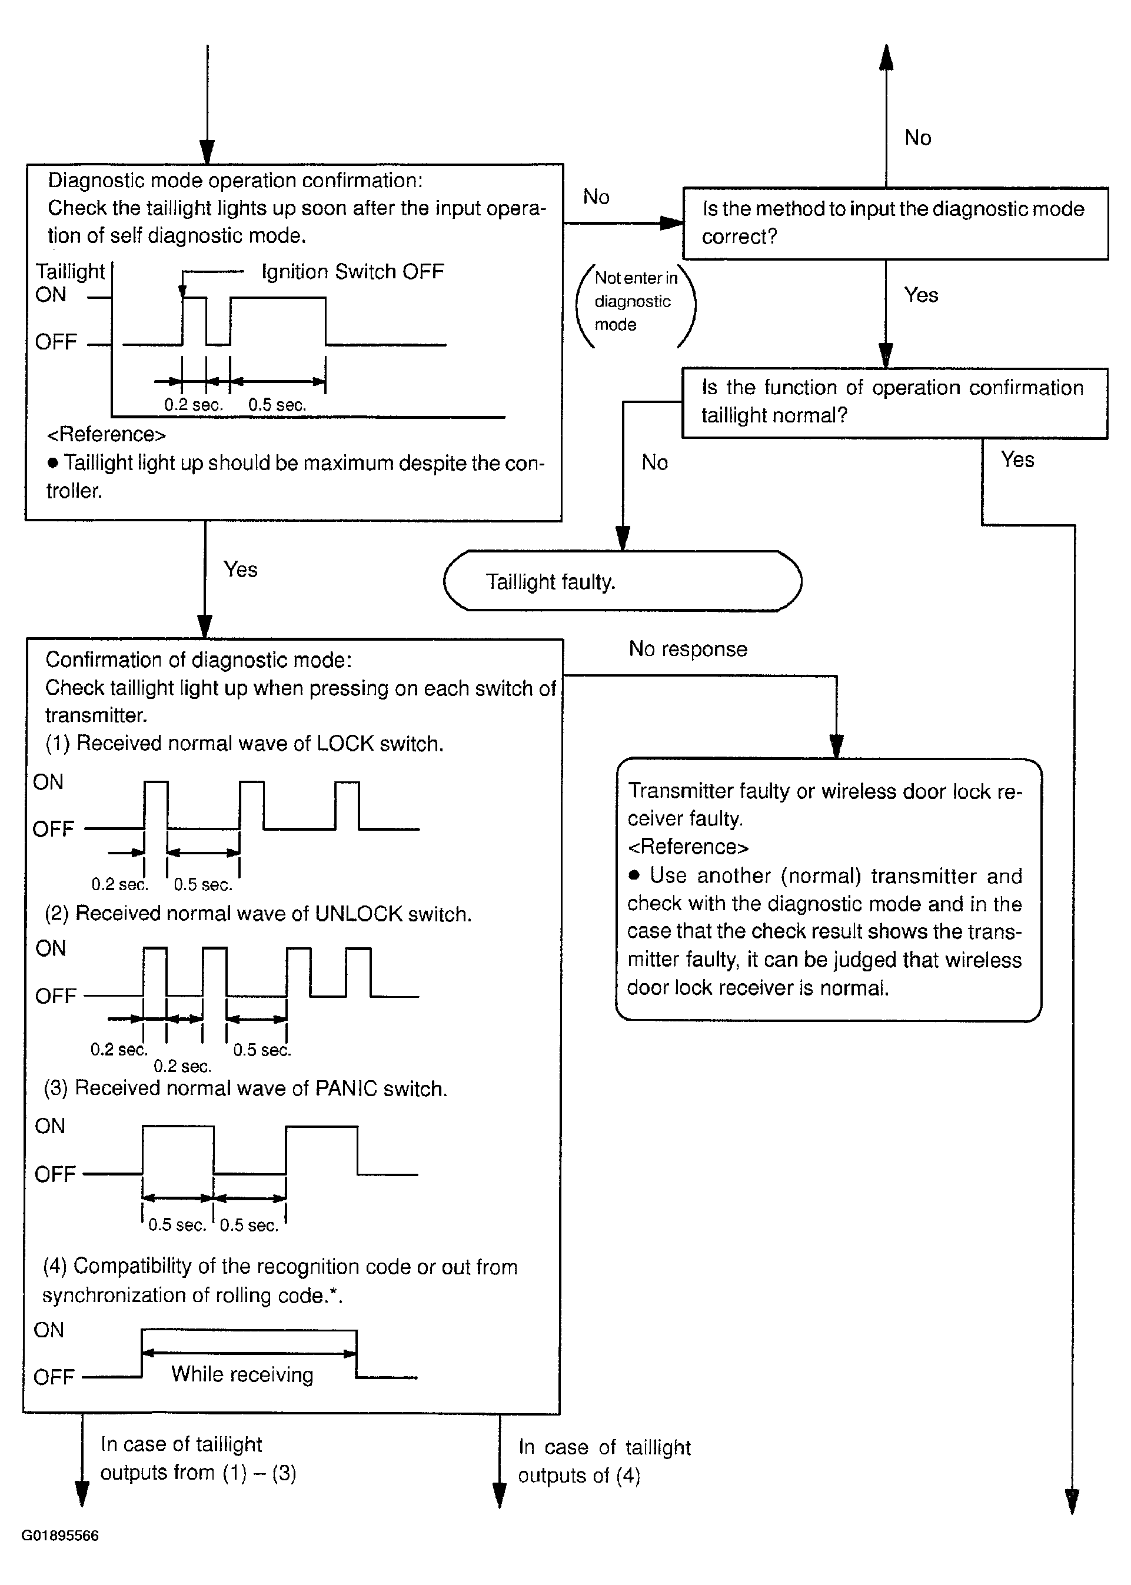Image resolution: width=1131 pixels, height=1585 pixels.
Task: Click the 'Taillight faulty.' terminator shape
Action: pyautogui.click(x=622, y=581)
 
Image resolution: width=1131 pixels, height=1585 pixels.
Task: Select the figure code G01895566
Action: pyautogui.click(x=60, y=1535)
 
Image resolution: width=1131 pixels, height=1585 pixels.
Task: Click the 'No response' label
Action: pyautogui.click(x=687, y=649)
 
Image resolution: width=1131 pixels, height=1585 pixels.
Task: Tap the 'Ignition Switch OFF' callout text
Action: pyautogui.click(x=352, y=271)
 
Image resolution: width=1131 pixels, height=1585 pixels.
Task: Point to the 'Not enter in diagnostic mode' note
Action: pyautogui.click(x=635, y=301)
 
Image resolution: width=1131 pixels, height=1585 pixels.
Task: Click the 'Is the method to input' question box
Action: pyautogui.click(x=895, y=223)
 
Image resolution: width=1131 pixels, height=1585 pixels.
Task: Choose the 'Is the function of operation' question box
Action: pyautogui.click(x=895, y=402)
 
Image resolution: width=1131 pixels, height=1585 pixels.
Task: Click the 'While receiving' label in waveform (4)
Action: pyautogui.click(x=242, y=1374)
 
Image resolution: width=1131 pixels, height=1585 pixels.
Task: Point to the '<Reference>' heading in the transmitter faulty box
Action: pyautogui.click(x=688, y=847)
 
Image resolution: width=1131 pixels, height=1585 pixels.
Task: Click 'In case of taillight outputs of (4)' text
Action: pyautogui.click(x=604, y=1461)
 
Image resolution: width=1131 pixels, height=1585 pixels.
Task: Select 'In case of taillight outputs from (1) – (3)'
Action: pyautogui.click(x=198, y=1459)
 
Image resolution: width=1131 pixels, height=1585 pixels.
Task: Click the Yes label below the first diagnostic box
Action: pyautogui.click(x=240, y=570)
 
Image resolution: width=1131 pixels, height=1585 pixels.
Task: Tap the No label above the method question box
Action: pyautogui.click(x=918, y=138)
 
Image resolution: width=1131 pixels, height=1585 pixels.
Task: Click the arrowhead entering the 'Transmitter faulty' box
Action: pyautogui.click(x=837, y=748)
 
